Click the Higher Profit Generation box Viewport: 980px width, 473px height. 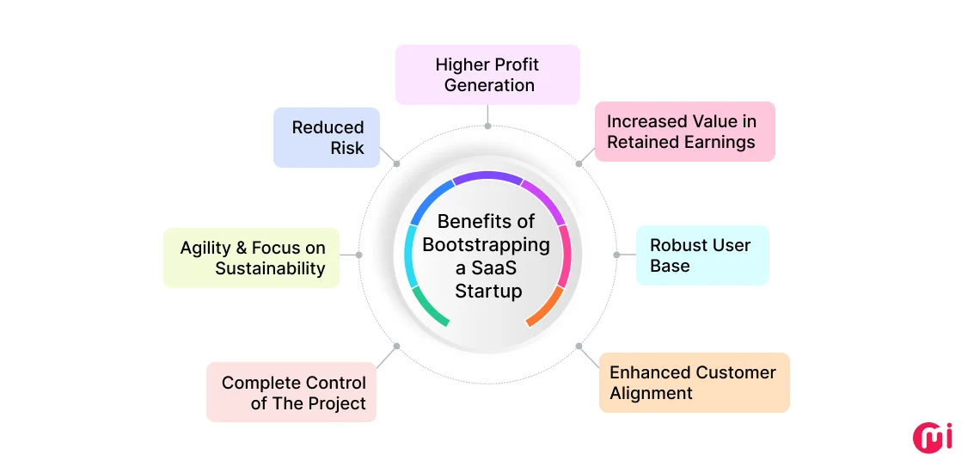[x=487, y=75]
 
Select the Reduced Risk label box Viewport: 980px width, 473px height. [x=326, y=138]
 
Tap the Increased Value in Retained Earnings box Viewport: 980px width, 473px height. [x=684, y=132]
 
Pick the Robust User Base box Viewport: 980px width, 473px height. [x=701, y=255]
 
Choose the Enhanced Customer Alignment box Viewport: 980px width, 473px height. [x=693, y=383]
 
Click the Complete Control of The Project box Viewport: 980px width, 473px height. [x=291, y=392]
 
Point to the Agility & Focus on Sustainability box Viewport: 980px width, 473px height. [x=251, y=258]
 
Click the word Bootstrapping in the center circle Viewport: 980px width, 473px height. [x=487, y=244]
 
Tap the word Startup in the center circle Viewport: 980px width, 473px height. [x=487, y=291]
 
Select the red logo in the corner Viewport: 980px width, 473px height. [x=932, y=437]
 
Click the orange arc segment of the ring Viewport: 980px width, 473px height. [x=547, y=307]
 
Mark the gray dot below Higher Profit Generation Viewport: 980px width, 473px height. [x=487, y=126]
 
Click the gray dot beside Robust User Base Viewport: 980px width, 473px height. [x=616, y=255]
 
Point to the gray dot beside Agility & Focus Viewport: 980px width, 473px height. [x=358, y=255]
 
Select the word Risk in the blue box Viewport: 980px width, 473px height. [x=347, y=148]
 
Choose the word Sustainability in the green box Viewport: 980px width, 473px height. [x=270, y=268]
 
